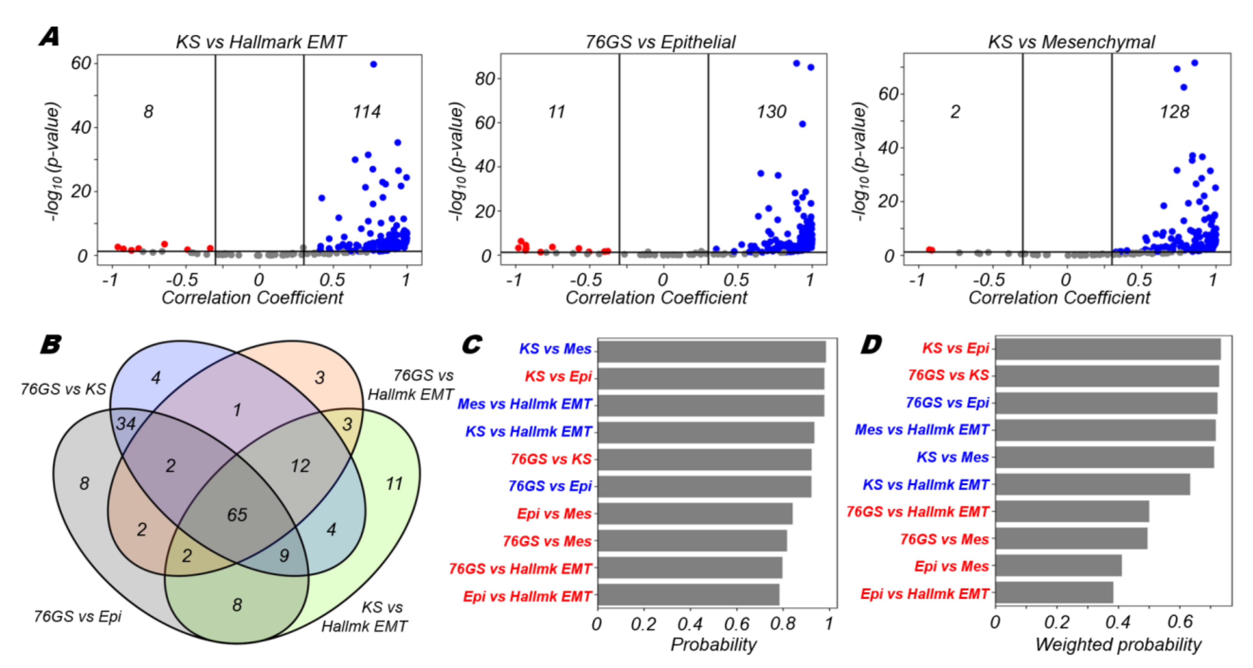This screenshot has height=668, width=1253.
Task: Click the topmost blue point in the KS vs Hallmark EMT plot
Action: [374, 64]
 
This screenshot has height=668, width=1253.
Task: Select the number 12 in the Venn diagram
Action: [300, 466]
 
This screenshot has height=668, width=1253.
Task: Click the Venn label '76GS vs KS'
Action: [63, 389]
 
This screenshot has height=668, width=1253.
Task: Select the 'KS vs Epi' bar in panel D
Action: [1107, 349]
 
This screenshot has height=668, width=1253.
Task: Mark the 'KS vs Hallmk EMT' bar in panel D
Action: [1093, 484]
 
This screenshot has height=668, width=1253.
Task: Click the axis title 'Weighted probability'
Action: [1118, 644]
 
